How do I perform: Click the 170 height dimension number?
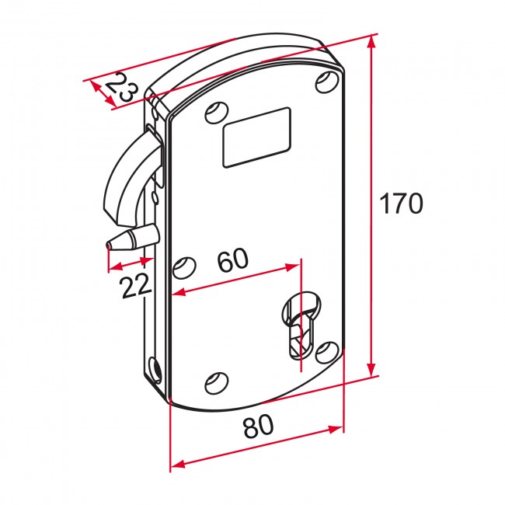[x=401, y=204]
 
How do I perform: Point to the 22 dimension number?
[x=136, y=287]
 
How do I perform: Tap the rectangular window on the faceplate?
[x=256, y=138]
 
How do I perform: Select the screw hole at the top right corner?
[x=326, y=82]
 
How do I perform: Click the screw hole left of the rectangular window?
[x=214, y=113]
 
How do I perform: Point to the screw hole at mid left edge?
[x=183, y=269]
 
